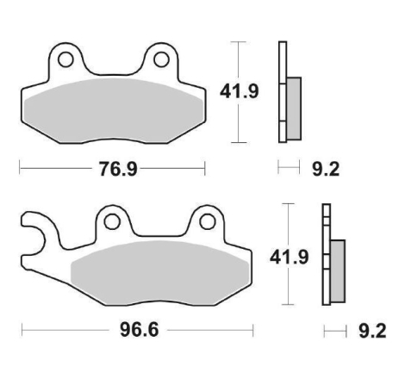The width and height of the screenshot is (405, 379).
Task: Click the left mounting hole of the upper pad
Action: pyautogui.click(x=65, y=59)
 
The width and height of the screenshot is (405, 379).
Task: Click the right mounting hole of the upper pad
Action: pyautogui.click(x=161, y=59)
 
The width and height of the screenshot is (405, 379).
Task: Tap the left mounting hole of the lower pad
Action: pyautogui.click(x=112, y=222)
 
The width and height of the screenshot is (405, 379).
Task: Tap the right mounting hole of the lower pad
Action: pyautogui.click(x=208, y=222)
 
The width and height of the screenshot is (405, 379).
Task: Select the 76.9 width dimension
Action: pyautogui.click(x=118, y=169)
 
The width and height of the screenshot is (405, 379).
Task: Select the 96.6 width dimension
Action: pyautogui.click(x=140, y=330)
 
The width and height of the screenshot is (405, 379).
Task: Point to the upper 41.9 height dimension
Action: pyautogui.click(x=240, y=91)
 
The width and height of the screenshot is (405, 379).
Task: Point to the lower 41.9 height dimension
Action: pyautogui.click(x=289, y=257)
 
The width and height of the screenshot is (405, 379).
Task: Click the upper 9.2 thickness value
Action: pyautogui.click(x=326, y=169)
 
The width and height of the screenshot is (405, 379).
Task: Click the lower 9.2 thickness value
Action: pyautogui.click(x=372, y=331)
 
